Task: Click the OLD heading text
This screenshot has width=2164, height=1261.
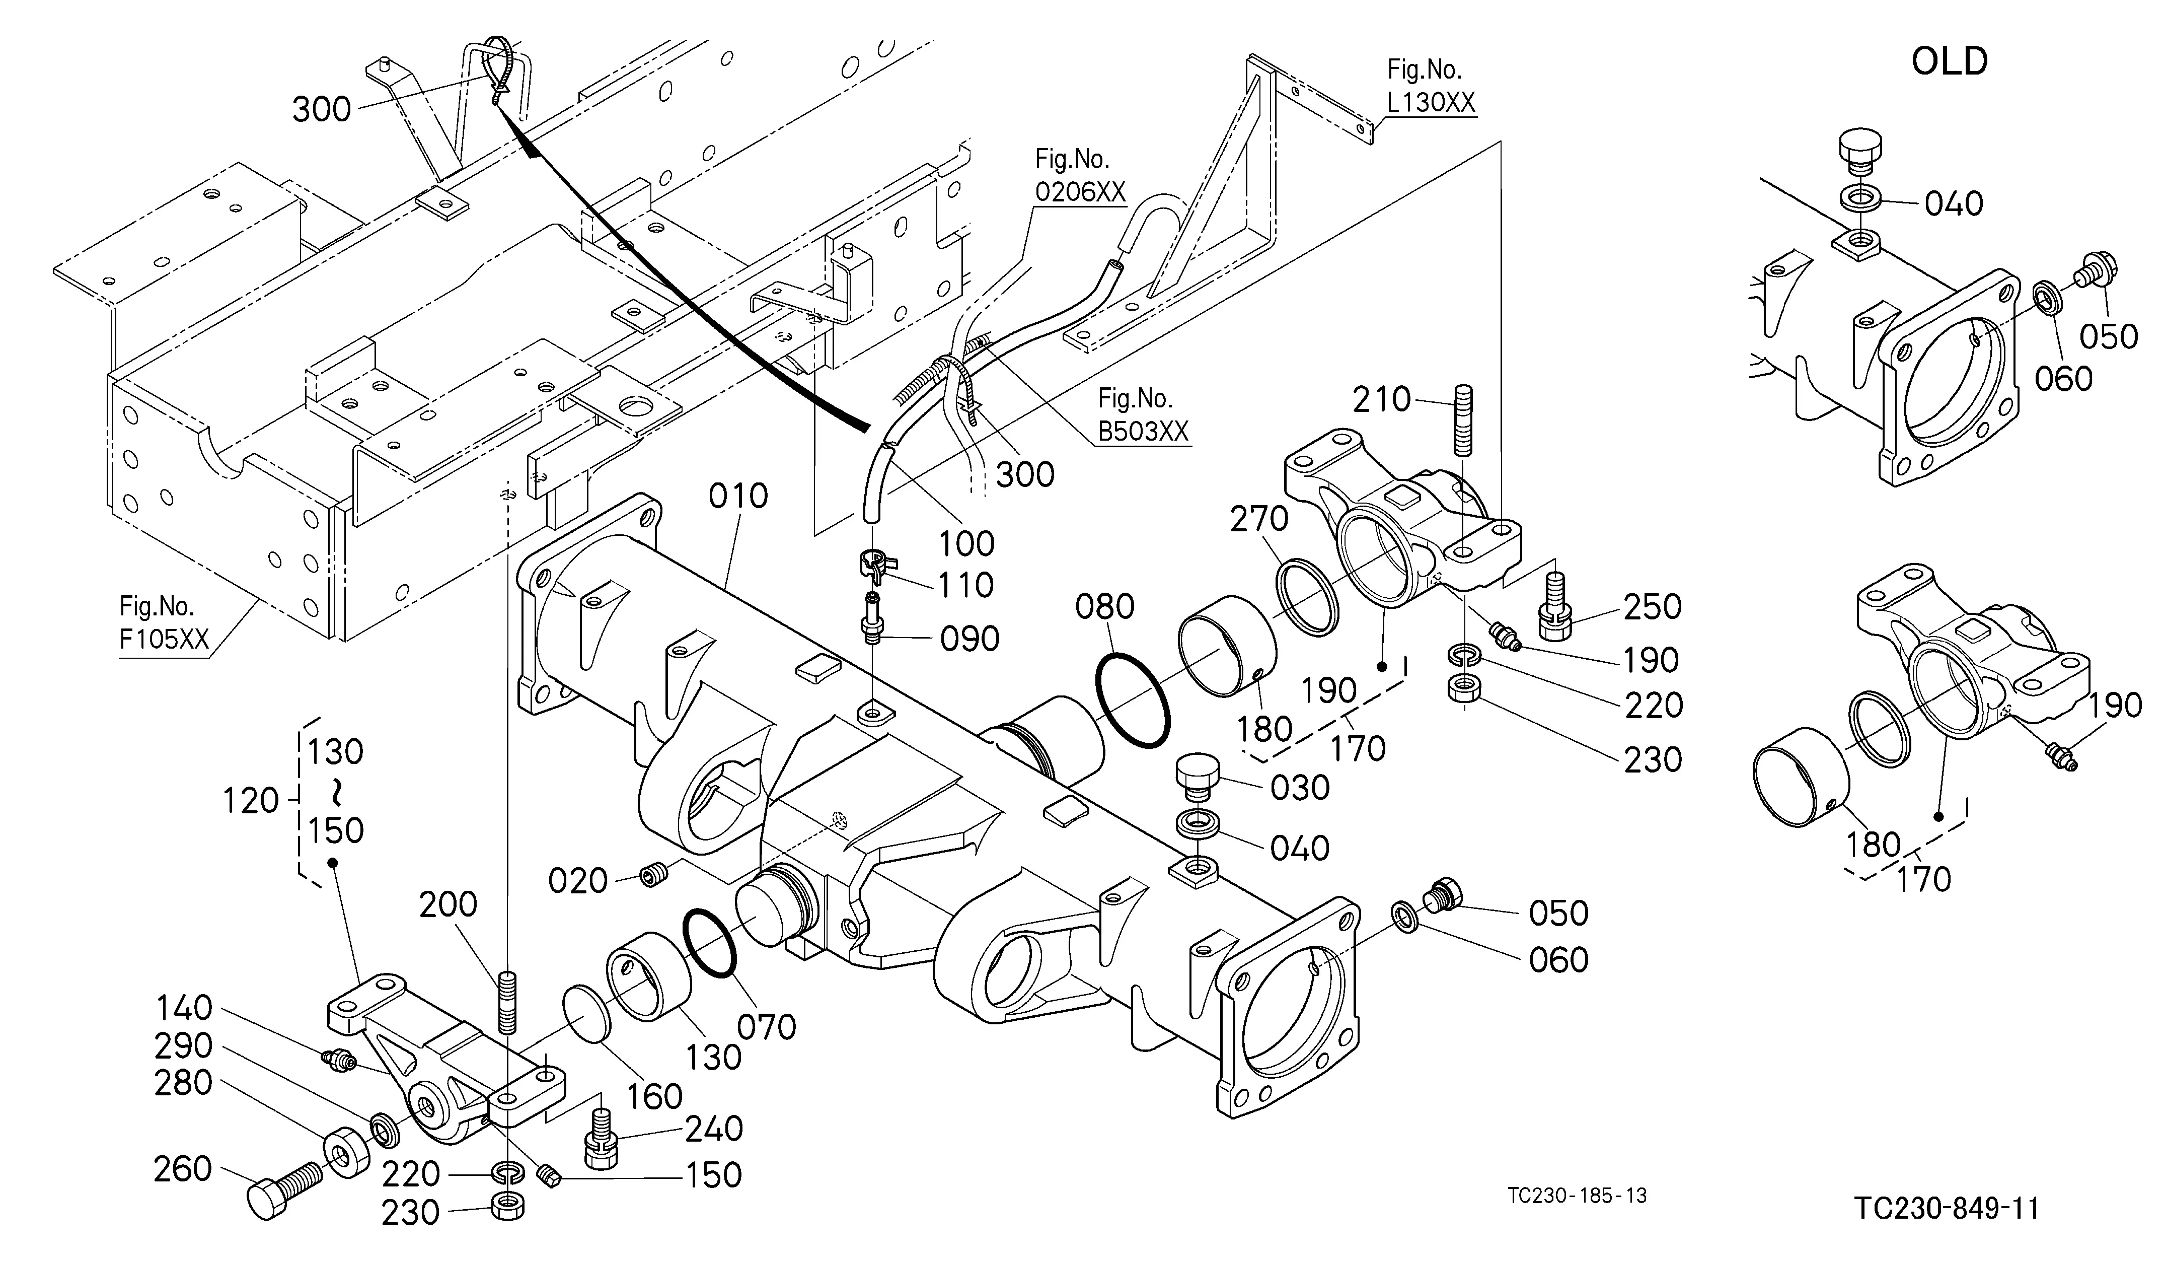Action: point(1950,62)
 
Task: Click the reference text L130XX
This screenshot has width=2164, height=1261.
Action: point(1431,102)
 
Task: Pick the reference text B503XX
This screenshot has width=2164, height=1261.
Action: point(1144,431)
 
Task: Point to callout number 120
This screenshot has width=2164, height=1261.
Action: point(251,801)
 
